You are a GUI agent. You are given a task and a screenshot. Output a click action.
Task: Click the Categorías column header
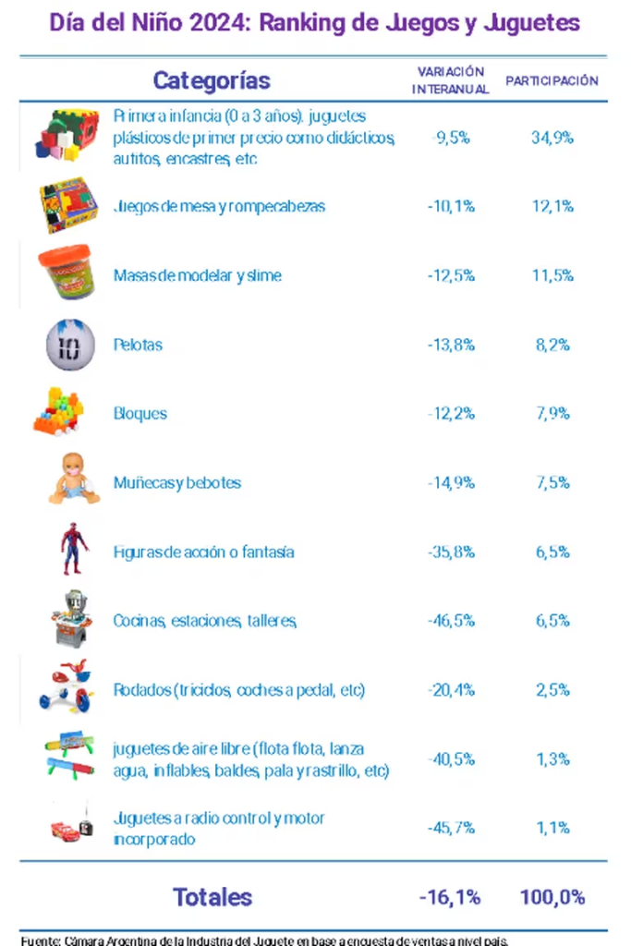212,80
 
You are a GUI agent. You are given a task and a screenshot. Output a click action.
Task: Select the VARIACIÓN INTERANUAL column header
450,80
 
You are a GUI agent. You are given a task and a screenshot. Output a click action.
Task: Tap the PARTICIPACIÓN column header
552,80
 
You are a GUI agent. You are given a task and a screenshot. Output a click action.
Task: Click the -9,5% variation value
451,138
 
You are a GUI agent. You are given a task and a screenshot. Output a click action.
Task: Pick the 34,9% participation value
553,138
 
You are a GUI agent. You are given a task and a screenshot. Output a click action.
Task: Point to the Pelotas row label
138,345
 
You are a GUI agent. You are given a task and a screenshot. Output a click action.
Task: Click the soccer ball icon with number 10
69,345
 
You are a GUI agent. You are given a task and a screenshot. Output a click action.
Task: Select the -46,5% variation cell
451,621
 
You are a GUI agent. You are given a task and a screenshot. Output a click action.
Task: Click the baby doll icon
73,479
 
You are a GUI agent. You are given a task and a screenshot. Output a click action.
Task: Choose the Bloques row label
140,413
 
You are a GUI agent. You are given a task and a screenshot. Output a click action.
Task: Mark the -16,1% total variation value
450,896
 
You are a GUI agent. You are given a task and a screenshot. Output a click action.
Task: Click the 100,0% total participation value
552,896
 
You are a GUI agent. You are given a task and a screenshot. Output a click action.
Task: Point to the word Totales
212,896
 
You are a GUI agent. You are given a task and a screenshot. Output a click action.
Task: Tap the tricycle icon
67,686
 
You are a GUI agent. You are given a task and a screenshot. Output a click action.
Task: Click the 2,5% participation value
552,690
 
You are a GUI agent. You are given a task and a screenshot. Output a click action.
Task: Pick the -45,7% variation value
451,828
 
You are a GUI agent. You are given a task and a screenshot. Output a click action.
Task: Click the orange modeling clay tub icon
67,273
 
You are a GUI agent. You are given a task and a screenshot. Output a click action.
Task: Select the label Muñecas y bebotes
176,482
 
